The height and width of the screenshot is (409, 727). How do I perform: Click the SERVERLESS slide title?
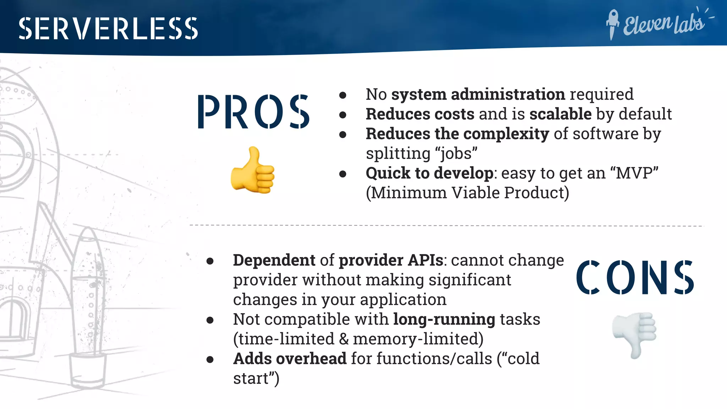[x=108, y=28]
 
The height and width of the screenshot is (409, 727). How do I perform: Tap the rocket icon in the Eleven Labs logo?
[x=612, y=23]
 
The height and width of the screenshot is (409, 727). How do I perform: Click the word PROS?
[x=253, y=112]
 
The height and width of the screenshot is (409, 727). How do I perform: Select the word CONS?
[x=635, y=278]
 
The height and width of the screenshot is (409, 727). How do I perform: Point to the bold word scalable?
[x=560, y=114]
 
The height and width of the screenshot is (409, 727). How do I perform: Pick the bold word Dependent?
[x=274, y=261]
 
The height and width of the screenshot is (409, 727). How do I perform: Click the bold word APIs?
[x=425, y=261]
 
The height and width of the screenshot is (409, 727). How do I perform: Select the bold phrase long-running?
[x=444, y=320]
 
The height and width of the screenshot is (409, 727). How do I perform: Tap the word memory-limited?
[x=417, y=339]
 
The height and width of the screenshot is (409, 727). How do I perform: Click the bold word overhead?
[x=311, y=359]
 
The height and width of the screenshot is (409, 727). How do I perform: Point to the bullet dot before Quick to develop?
[x=343, y=174]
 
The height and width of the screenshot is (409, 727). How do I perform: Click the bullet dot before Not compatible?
[x=210, y=320]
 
